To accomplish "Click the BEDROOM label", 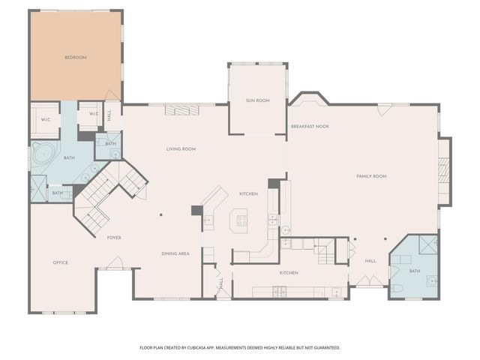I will (x=76, y=58).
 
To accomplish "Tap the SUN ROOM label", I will (x=257, y=100).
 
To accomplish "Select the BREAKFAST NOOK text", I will (x=310, y=127).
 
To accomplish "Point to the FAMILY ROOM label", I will (x=370, y=176).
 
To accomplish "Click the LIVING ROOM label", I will (x=181, y=149).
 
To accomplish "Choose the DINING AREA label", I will (x=175, y=253).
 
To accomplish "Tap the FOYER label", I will (x=114, y=238).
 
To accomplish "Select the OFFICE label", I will (x=61, y=262).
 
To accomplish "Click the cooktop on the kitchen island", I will (x=242, y=220).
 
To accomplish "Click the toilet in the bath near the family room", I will (x=397, y=287).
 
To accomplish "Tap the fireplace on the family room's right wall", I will (x=443, y=171).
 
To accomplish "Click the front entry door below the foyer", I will (x=114, y=263).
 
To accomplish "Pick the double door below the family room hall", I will (x=370, y=281).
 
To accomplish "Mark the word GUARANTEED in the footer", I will (x=323, y=348).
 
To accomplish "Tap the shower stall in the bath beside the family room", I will (x=427, y=245).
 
